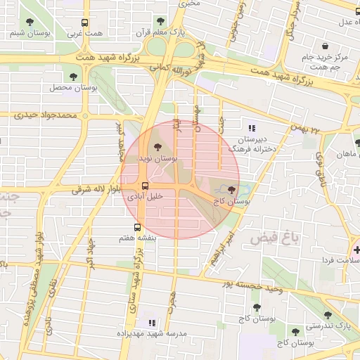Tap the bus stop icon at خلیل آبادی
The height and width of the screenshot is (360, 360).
[x=145, y=186]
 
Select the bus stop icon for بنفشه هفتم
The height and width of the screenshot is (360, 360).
[x=136, y=227]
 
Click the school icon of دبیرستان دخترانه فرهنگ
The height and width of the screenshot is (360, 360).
[x=252, y=128]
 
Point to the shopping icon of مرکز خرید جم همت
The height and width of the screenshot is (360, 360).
[x=325, y=46]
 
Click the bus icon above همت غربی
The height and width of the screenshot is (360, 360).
[x=85, y=22]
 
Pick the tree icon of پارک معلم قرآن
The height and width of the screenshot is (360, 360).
[x=161, y=21]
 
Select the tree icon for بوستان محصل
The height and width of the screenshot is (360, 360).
[x=73, y=76]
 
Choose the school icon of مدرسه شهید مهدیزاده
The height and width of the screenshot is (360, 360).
[x=150, y=322]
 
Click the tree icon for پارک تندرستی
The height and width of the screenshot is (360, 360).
[x=328, y=316]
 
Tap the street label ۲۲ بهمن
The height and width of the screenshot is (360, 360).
[x=306, y=129]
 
